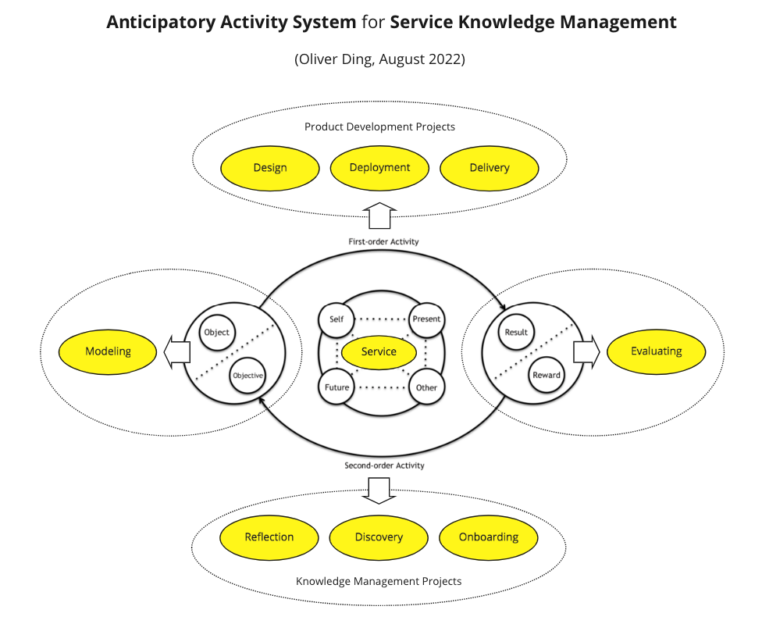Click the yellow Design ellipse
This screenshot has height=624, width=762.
(270, 167)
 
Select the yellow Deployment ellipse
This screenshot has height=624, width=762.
(379, 167)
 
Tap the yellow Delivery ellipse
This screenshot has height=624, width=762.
(490, 167)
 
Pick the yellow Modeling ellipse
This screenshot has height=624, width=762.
(109, 351)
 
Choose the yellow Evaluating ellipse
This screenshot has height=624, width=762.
(656, 351)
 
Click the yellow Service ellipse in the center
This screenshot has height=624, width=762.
(379, 351)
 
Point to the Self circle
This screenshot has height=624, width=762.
(336, 318)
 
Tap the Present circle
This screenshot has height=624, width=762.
(426, 319)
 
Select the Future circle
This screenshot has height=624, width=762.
(336, 387)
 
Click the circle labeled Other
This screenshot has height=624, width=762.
(426, 387)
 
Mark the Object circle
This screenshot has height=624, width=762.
(216, 332)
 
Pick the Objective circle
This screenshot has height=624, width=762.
(247, 376)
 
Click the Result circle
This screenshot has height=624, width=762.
(516, 332)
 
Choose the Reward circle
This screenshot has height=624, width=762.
(547, 375)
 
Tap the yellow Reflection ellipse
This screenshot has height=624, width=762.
(269, 537)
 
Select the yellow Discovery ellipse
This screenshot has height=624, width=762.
(379, 537)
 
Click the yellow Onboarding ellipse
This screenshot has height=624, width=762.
(489, 537)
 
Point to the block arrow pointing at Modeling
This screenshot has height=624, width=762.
(176, 351)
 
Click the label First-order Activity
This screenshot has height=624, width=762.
(383, 242)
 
